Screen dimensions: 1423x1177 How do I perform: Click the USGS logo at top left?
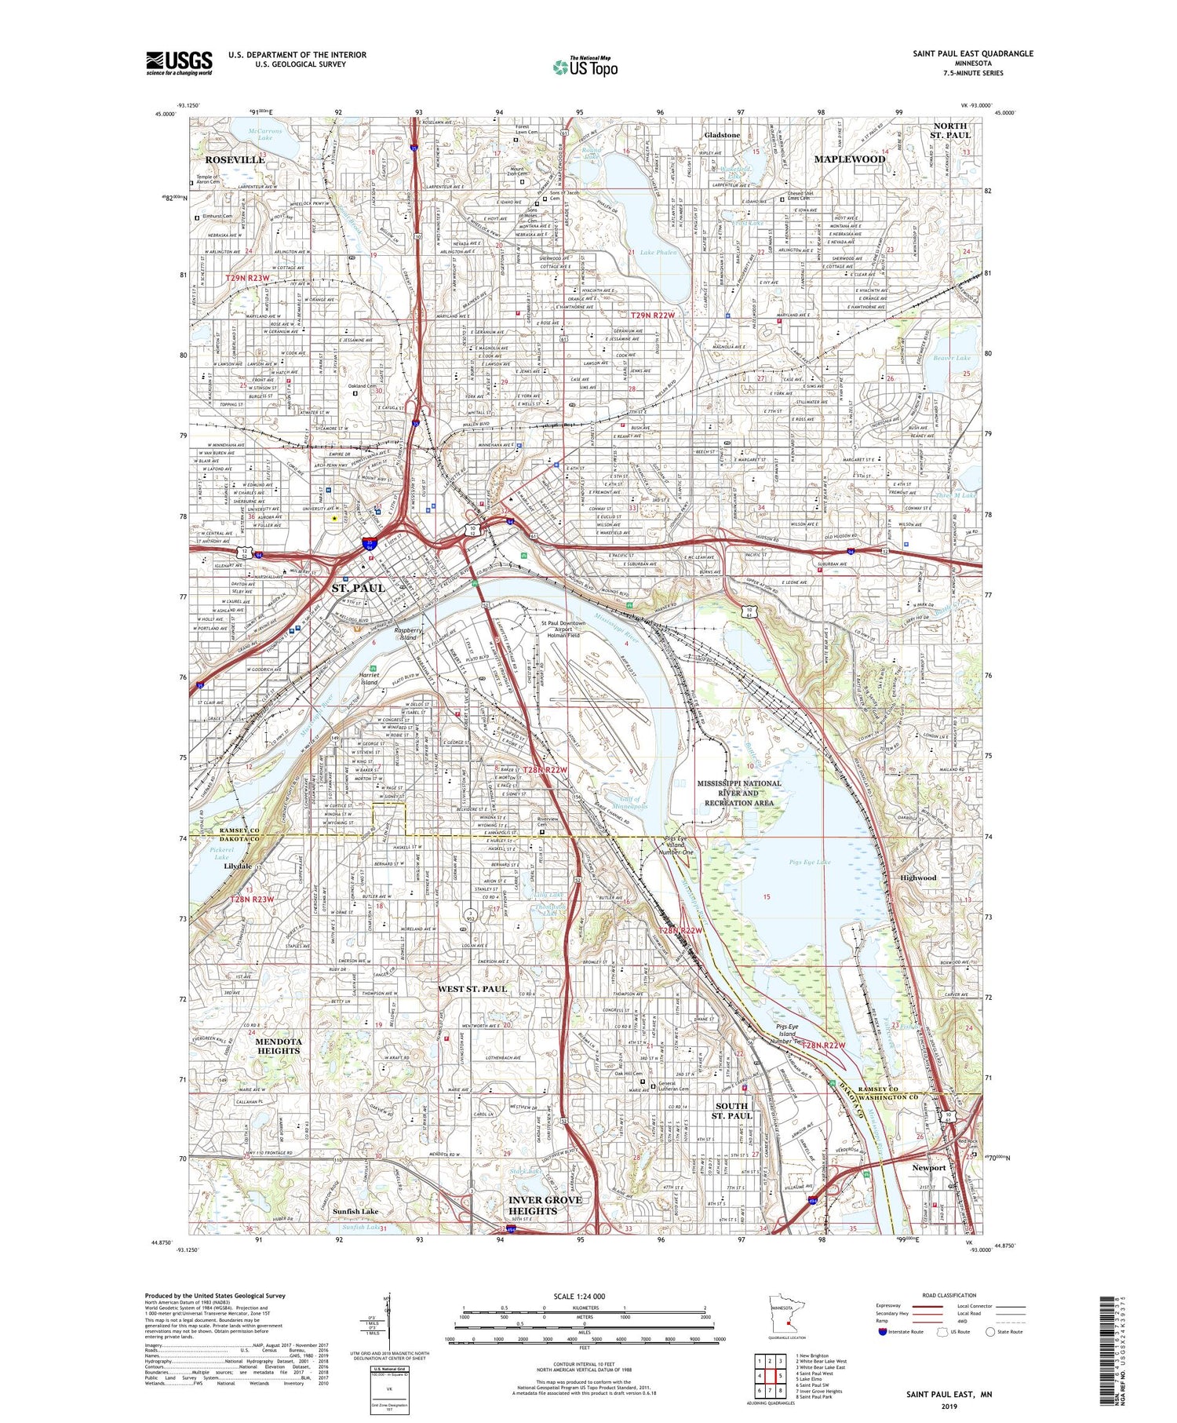pos(179,63)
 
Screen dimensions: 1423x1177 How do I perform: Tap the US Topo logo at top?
pos(585,67)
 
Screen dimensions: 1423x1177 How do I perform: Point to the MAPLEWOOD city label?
pos(849,159)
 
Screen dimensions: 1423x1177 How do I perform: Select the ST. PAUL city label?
pos(358,588)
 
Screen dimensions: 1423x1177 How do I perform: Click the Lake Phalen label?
pos(658,253)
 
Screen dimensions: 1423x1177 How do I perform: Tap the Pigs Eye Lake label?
pos(809,863)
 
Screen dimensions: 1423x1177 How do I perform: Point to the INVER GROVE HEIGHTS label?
pos(545,1206)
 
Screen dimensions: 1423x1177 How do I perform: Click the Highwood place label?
pos(918,878)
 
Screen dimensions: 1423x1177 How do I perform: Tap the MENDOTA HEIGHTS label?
pos(279,1045)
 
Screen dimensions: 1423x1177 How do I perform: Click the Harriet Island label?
pos(369,678)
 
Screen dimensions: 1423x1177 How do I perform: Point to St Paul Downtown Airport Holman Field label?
pos(563,629)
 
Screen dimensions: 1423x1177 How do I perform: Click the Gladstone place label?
pos(722,135)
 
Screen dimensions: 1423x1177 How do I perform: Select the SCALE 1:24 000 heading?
pos(579,1296)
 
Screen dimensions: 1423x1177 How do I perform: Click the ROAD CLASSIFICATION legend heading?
pos(949,1295)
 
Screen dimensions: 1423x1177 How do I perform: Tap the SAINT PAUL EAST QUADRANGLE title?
pos(972,54)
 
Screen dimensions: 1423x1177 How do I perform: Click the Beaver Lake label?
pos(952,358)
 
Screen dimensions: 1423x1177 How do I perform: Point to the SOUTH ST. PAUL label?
pos(731,1111)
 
